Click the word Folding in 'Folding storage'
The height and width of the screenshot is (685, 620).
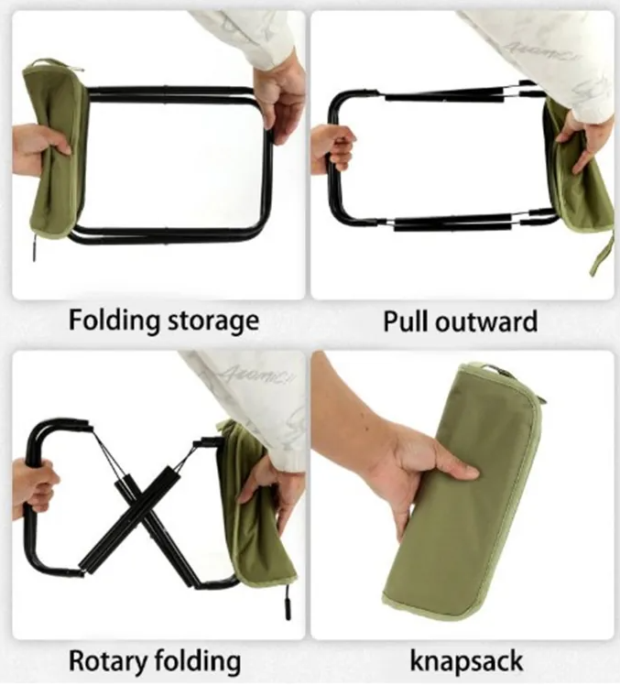click(114, 321)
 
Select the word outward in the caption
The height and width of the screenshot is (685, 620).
click(486, 322)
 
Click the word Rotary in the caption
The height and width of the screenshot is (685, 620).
click(108, 661)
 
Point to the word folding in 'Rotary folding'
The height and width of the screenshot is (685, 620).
click(198, 661)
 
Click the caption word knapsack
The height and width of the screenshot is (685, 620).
click(466, 661)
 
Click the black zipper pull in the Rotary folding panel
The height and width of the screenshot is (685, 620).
click(288, 603)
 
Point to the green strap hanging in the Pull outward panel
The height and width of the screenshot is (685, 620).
click(601, 257)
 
